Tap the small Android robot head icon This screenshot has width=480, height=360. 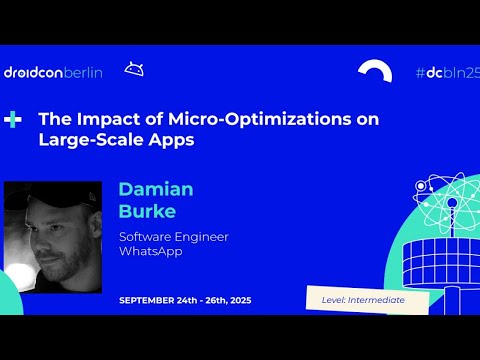pyautogui.click(x=133, y=69)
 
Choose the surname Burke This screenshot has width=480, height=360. pyautogui.click(x=147, y=211)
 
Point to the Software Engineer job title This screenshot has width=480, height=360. pyautogui.click(x=173, y=236)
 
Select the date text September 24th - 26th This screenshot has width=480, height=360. pyautogui.click(x=180, y=300)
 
